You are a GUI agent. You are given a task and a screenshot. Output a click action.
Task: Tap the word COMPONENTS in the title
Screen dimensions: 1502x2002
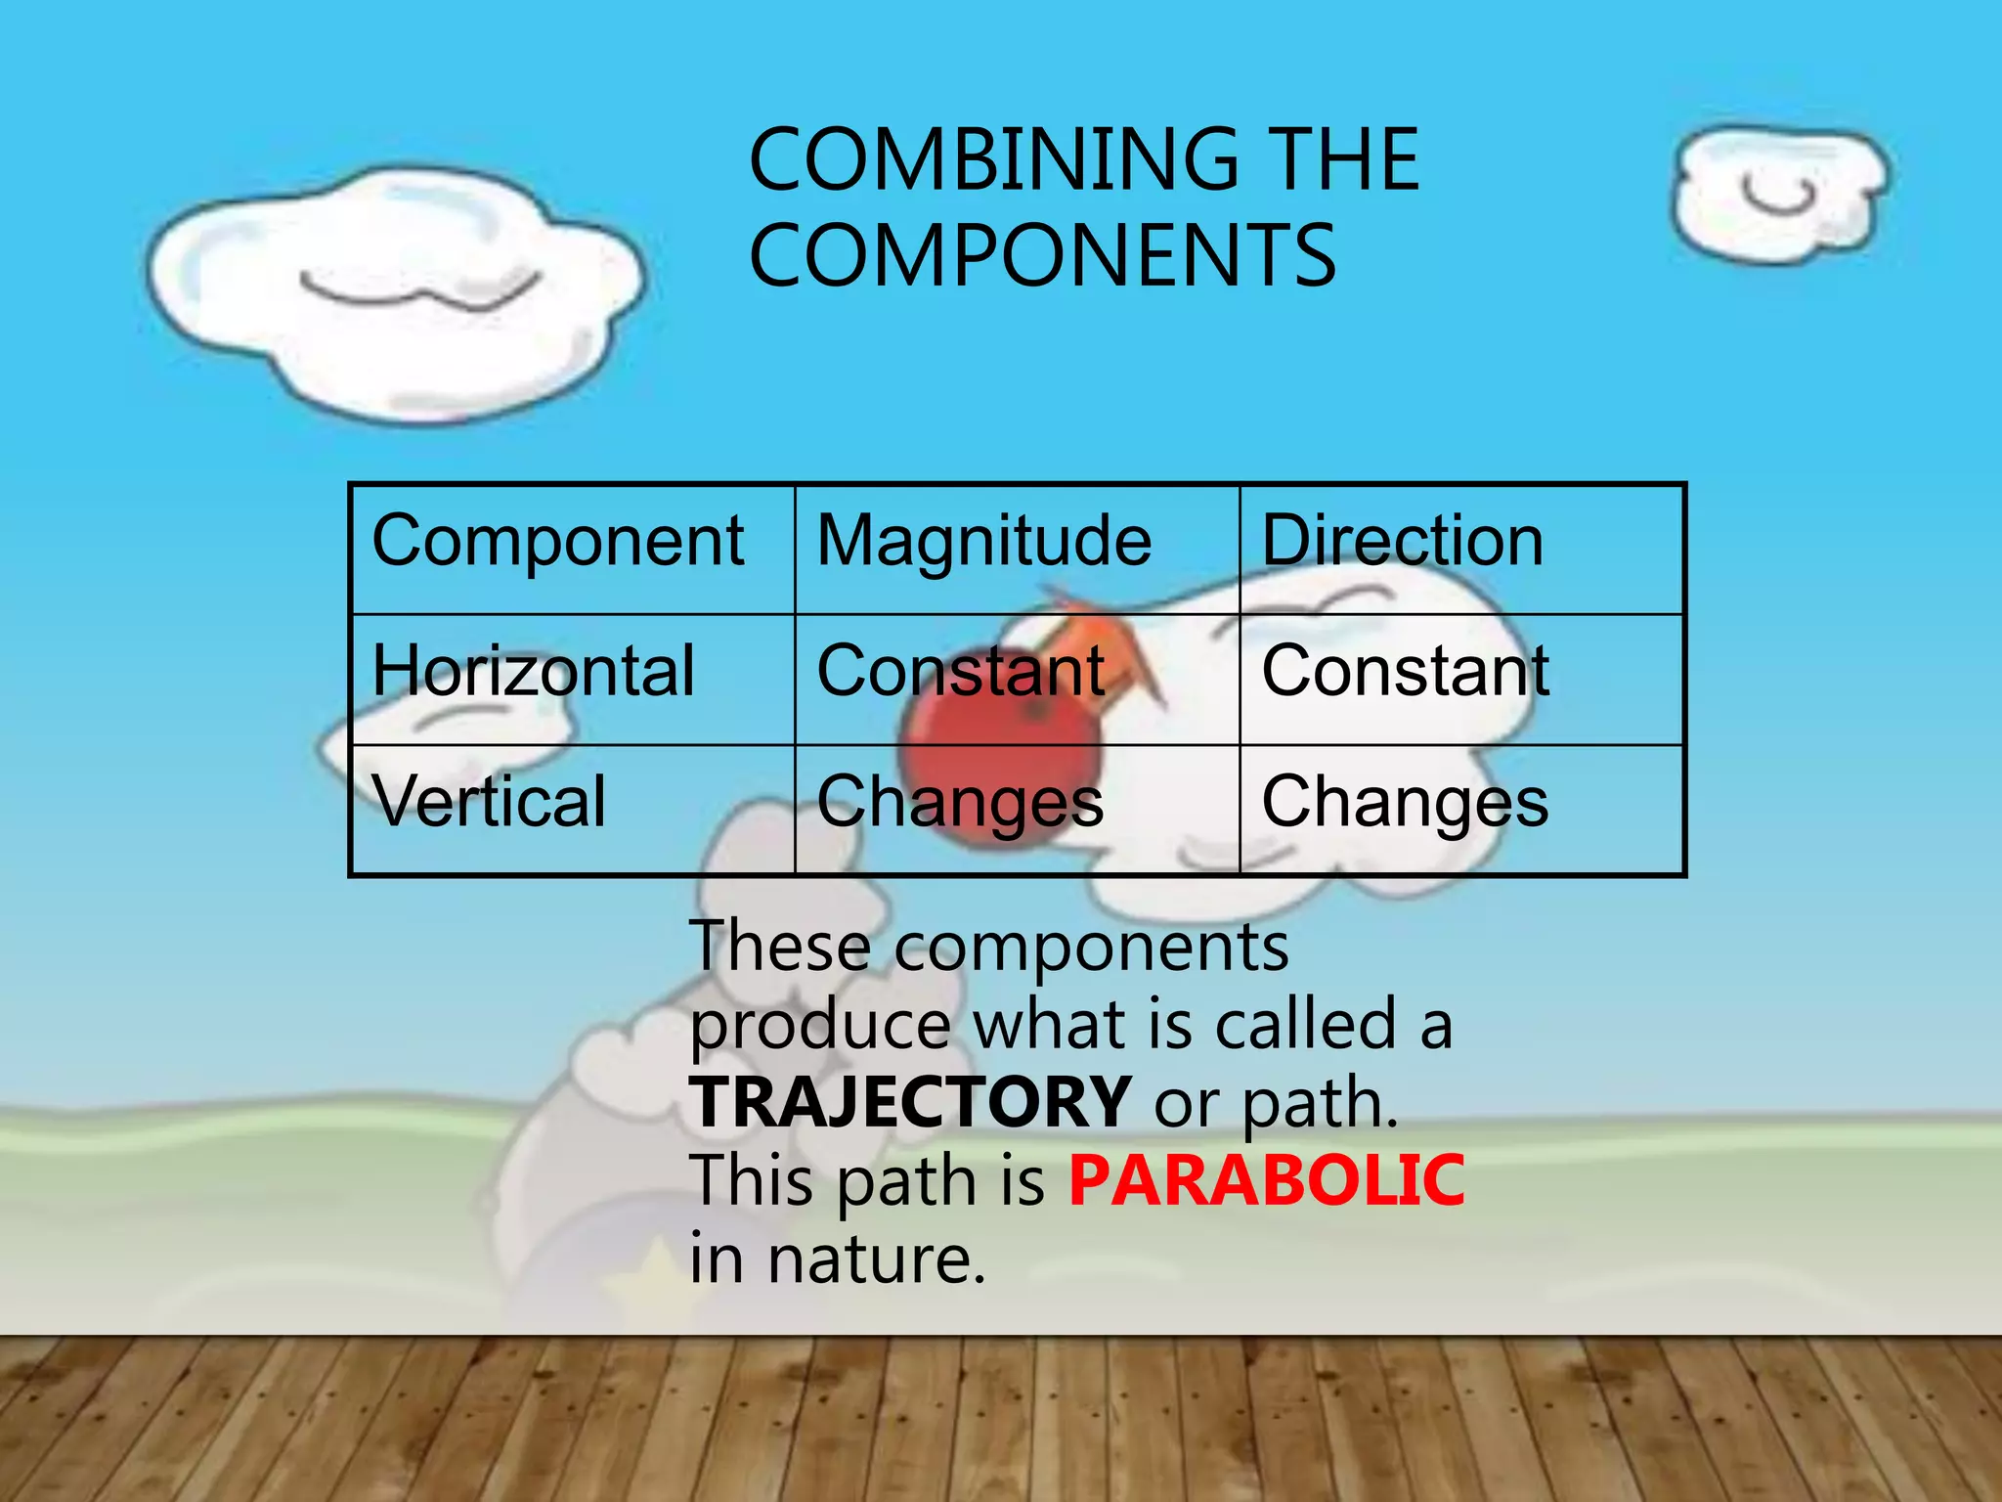click(1042, 255)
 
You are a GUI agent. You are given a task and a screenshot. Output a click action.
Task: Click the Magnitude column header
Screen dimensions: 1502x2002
click(983, 541)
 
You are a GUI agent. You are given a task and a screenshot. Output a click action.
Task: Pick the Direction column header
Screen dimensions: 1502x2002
click(1402, 541)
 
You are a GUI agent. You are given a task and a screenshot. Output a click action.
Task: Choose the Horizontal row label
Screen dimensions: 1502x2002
click(534, 672)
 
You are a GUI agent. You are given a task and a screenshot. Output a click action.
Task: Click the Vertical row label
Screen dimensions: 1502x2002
click(489, 802)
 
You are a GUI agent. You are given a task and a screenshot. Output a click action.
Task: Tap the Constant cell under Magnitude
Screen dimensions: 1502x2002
click(961, 672)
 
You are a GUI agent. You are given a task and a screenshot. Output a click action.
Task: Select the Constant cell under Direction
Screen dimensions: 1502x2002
click(1405, 672)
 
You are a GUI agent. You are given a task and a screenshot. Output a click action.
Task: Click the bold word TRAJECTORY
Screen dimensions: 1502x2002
click(910, 1102)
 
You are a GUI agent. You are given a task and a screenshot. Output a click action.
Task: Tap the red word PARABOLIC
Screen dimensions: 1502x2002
click(1266, 1180)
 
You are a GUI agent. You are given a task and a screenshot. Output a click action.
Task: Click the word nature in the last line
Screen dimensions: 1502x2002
click(876, 1259)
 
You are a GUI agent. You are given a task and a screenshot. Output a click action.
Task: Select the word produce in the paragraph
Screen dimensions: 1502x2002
click(819, 1026)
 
